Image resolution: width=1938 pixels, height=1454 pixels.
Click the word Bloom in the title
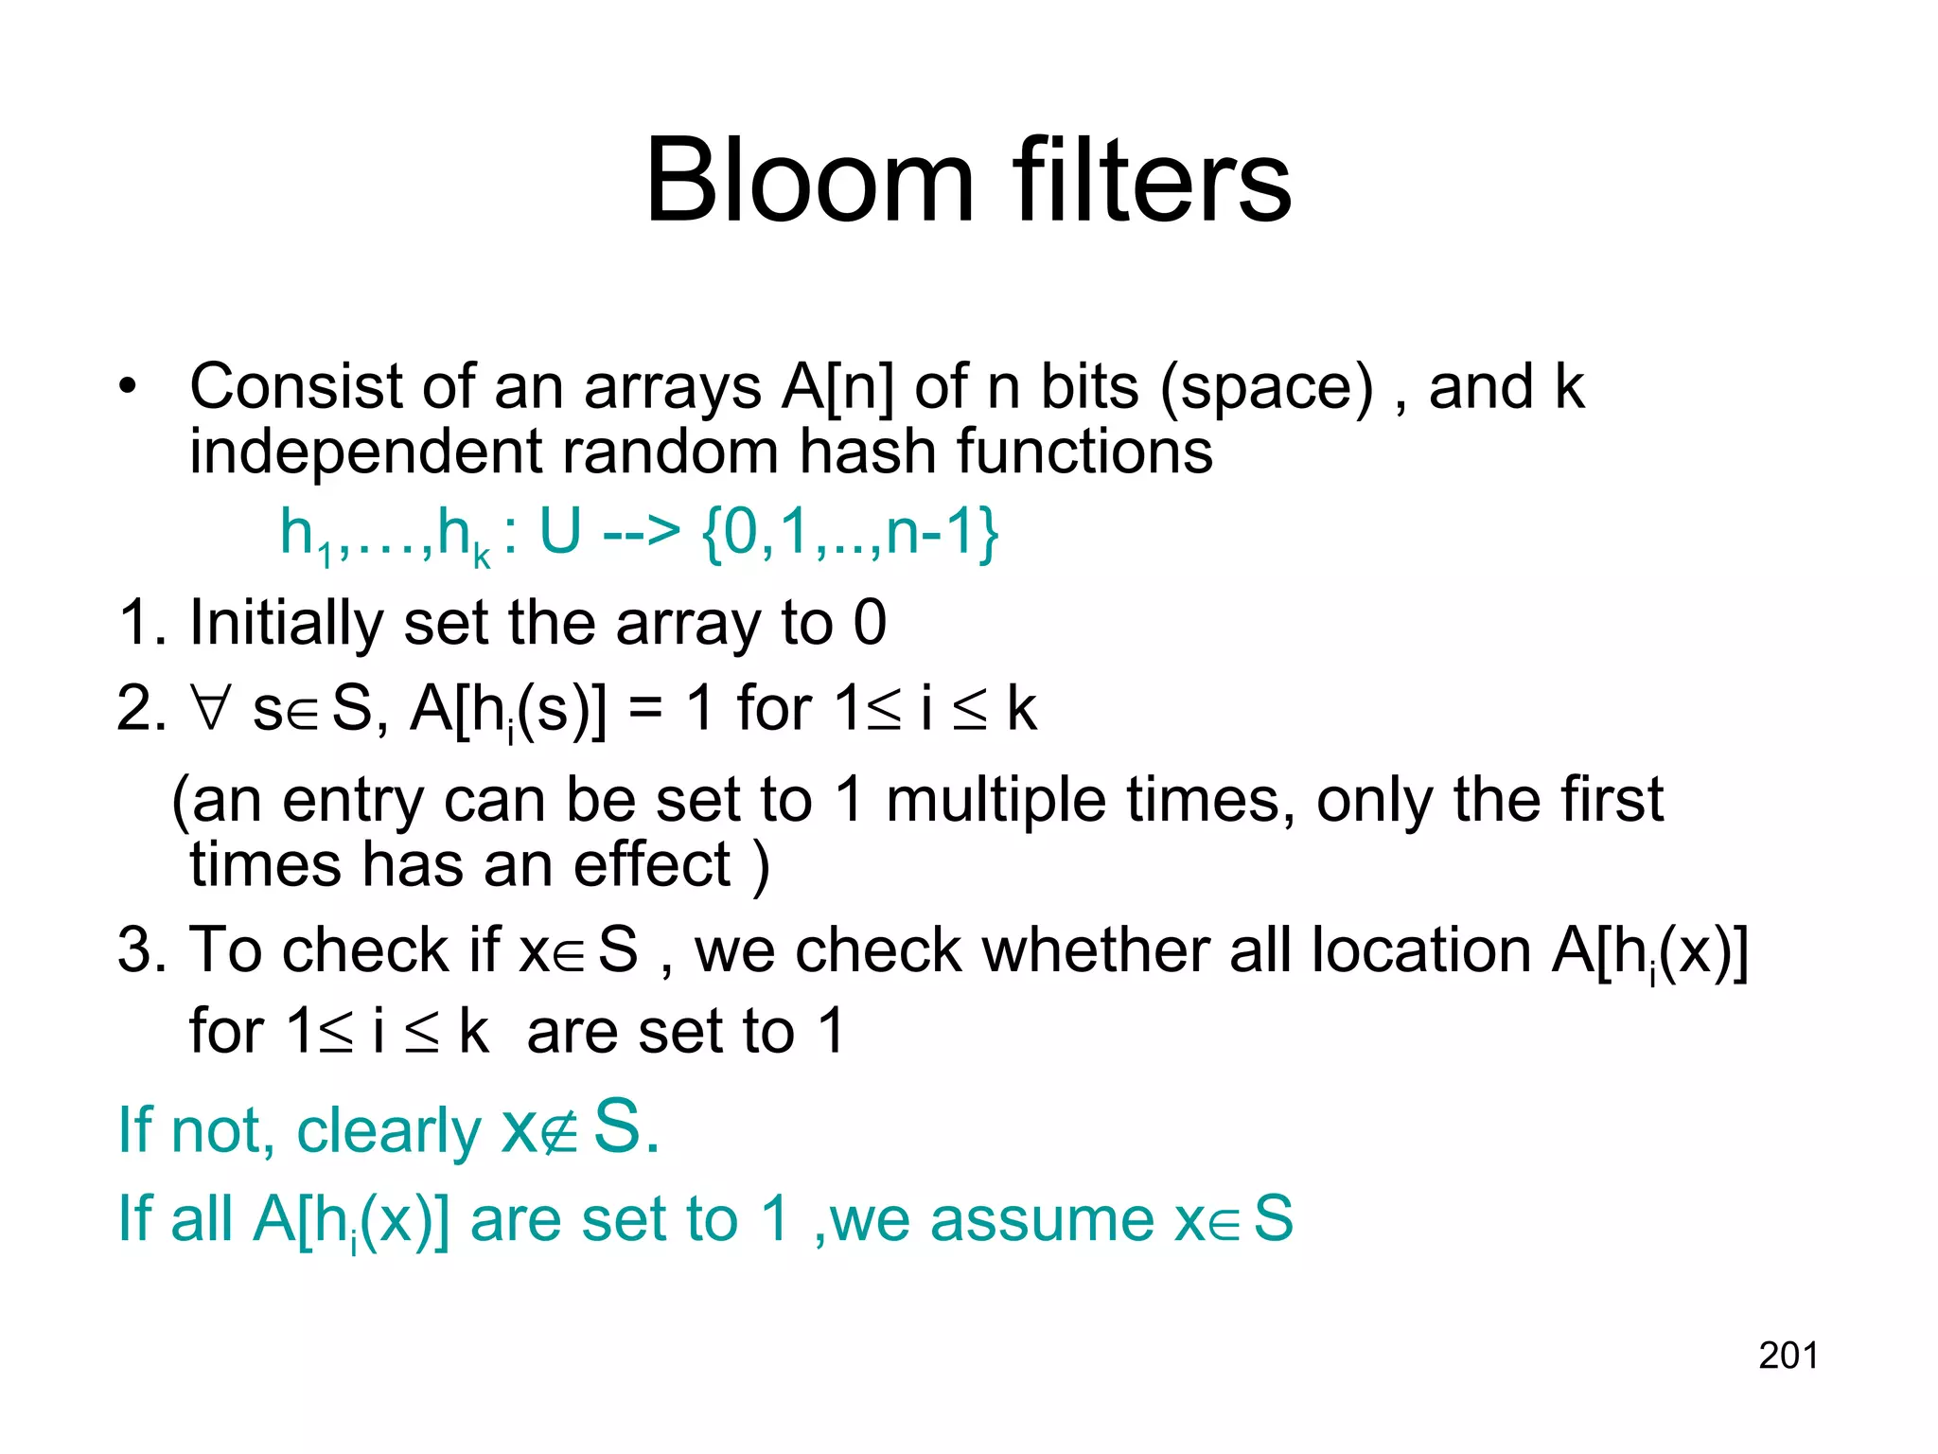[x=809, y=180]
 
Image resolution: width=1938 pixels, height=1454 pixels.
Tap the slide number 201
[x=1788, y=1356]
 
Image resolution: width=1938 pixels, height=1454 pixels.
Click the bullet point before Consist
[x=128, y=387]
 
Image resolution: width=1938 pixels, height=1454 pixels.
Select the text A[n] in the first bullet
[x=837, y=387]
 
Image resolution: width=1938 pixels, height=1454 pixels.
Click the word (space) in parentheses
[x=1266, y=387]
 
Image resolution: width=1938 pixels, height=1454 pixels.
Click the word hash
[x=867, y=451]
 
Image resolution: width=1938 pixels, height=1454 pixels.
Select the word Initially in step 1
[x=286, y=623]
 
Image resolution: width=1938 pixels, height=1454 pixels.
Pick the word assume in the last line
[x=1042, y=1218]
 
